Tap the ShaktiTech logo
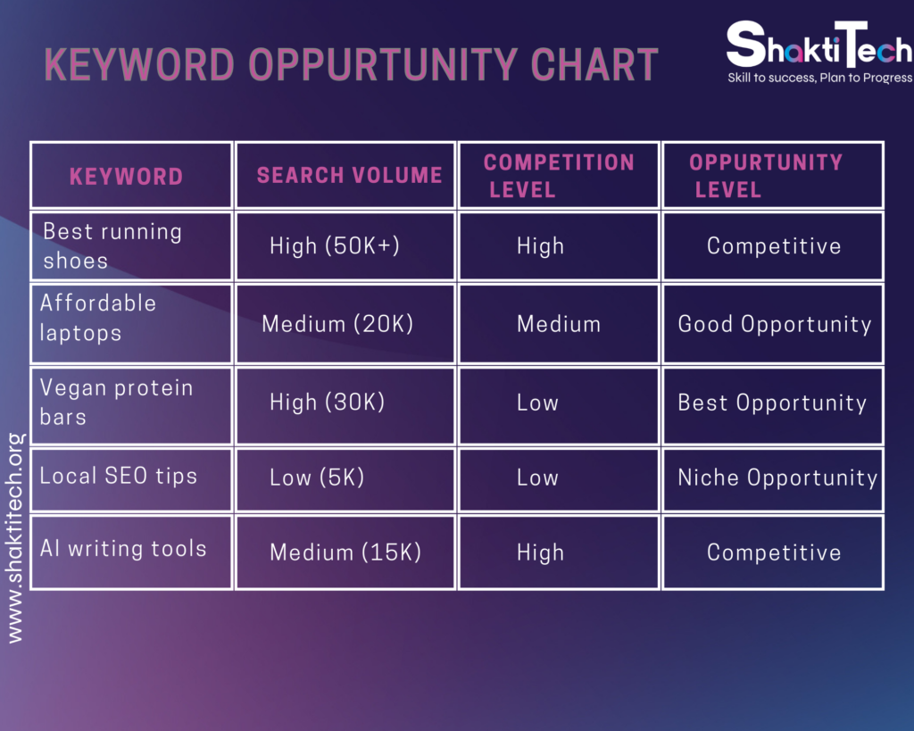(x=819, y=45)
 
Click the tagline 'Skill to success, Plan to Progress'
(x=819, y=78)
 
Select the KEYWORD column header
(x=127, y=177)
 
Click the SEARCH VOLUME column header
(x=349, y=175)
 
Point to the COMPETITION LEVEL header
(x=559, y=176)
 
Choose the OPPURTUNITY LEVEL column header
(x=766, y=176)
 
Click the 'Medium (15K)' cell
(x=345, y=552)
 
